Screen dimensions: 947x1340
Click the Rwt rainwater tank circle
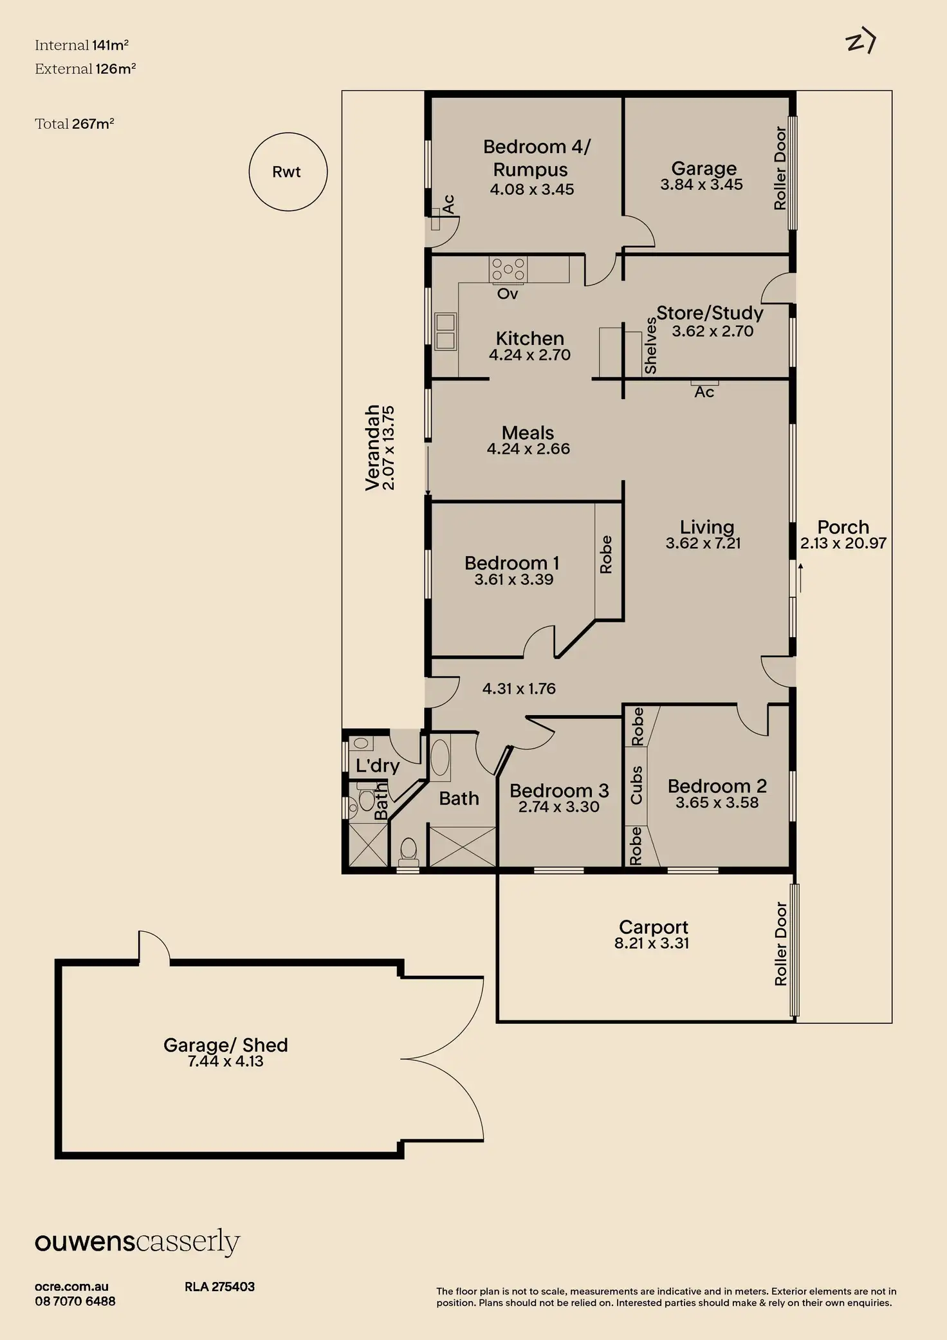[288, 172]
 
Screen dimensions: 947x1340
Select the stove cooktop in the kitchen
[508, 269]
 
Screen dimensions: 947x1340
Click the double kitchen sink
[445, 331]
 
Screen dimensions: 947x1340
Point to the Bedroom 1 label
[512, 563]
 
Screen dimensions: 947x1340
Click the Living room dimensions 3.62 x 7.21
[703, 543]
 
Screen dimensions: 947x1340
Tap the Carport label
[653, 927]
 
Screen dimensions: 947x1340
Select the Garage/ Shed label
[225, 1045]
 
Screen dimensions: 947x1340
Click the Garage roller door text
[780, 168]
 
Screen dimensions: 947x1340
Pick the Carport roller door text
[780, 944]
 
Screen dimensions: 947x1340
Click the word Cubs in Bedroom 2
[636, 785]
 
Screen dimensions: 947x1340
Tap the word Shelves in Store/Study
[650, 346]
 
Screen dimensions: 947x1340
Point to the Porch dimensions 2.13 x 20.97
[843, 543]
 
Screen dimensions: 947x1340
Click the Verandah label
[372, 448]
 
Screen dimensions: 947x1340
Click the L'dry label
[378, 765]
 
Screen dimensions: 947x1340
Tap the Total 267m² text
[75, 124]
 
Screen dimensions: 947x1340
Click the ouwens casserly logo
[137, 1242]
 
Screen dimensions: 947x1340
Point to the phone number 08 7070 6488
[75, 1301]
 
